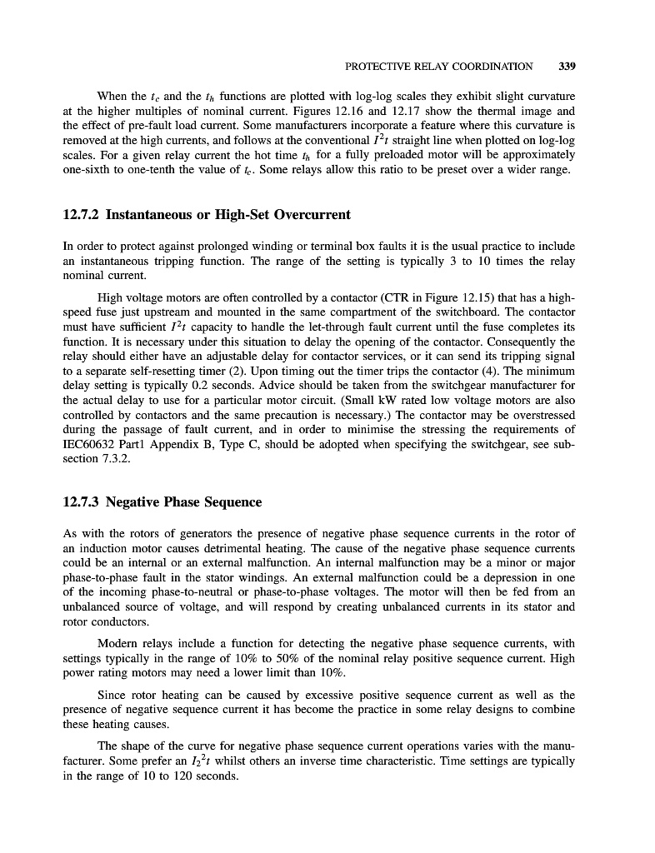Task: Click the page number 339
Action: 567,66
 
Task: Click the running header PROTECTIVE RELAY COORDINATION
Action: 437,66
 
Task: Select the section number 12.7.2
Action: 82,215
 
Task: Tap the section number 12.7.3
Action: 82,501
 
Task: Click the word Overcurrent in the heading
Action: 307,215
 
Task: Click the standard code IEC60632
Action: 93,444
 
